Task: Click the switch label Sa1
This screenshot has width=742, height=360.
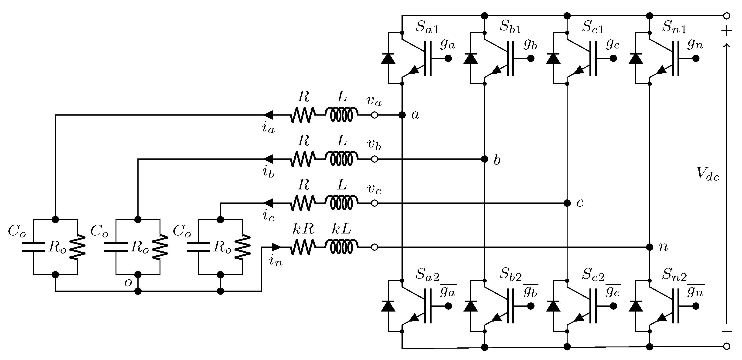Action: tap(427, 27)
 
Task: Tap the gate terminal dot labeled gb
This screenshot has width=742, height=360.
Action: tap(531, 58)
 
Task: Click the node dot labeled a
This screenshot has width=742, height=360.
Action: tap(402, 115)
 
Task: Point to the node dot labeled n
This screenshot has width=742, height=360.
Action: tap(650, 247)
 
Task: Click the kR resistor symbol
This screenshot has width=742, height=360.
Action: tap(303, 247)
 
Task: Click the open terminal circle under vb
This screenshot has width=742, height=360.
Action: tap(374, 159)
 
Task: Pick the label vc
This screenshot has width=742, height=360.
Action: tap(374, 189)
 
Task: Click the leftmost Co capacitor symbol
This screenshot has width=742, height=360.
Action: tap(33, 247)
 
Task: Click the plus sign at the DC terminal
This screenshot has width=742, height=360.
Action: tap(726, 31)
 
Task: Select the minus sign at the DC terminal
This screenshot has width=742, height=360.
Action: tap(726, 332)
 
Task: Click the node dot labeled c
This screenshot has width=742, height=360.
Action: tap(567, 203)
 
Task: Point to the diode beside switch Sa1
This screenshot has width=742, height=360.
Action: tap(388, 58)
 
